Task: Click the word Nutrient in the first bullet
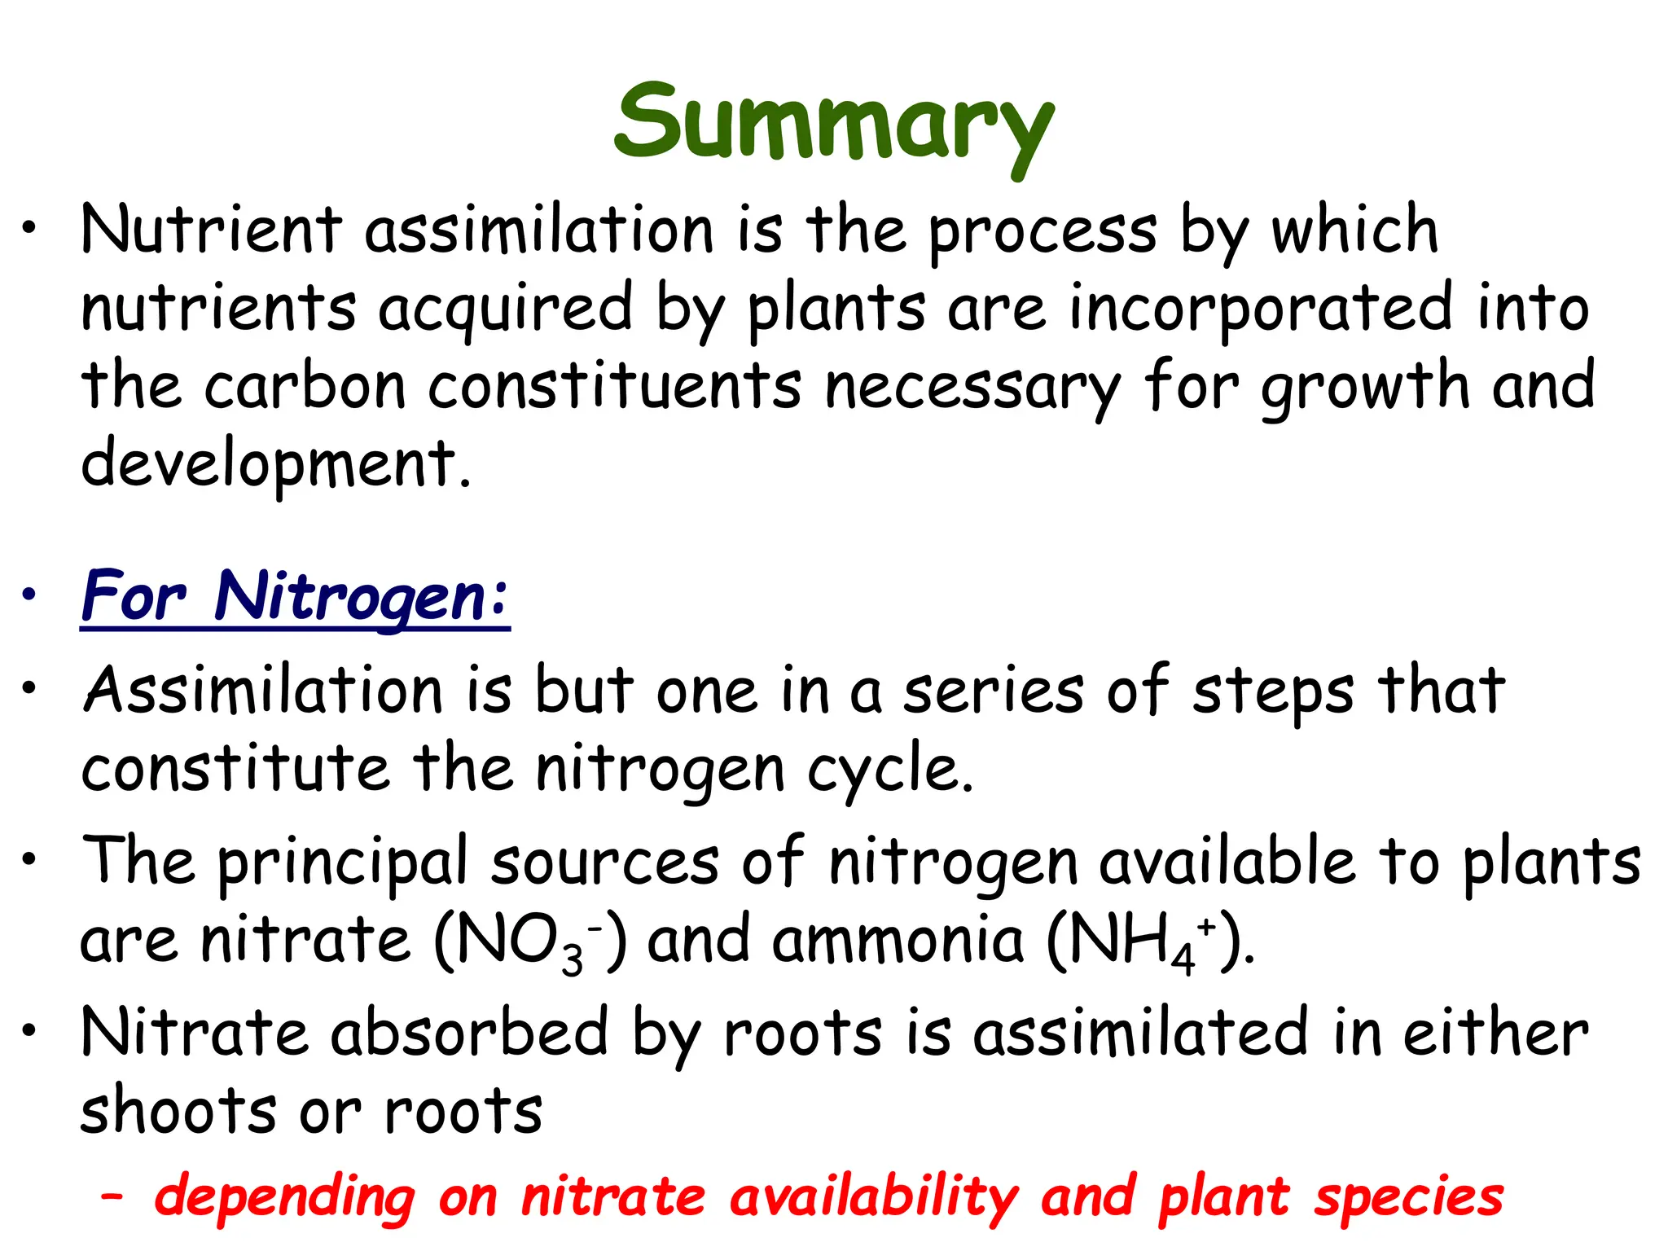coord(211,230)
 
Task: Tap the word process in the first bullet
coord(1042,232)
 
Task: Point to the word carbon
coord(305,386)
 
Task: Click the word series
coord(994,691)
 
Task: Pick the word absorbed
coord(469,1033)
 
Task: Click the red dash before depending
coord(112,1196)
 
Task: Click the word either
coord(1495,1033)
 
